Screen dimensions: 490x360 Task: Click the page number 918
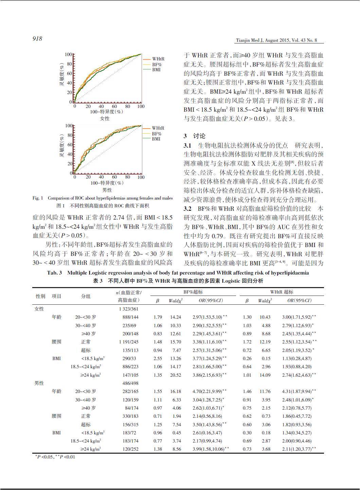(x=37, y=39)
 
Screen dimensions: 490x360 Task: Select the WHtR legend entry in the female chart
(x=158, y=59)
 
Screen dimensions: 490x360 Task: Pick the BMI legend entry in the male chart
(x=156, y=139)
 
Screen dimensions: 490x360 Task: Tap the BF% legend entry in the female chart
(x=157, y=64)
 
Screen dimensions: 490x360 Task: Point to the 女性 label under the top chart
(x=105, y=118)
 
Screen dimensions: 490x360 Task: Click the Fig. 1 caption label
(x=38, y=198)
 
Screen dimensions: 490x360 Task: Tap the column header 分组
(x=86, y=296)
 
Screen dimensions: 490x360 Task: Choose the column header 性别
(x=40, y=296)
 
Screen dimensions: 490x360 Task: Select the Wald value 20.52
(x=176, y=375)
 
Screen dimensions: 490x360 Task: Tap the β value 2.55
(x=158, y=358)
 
